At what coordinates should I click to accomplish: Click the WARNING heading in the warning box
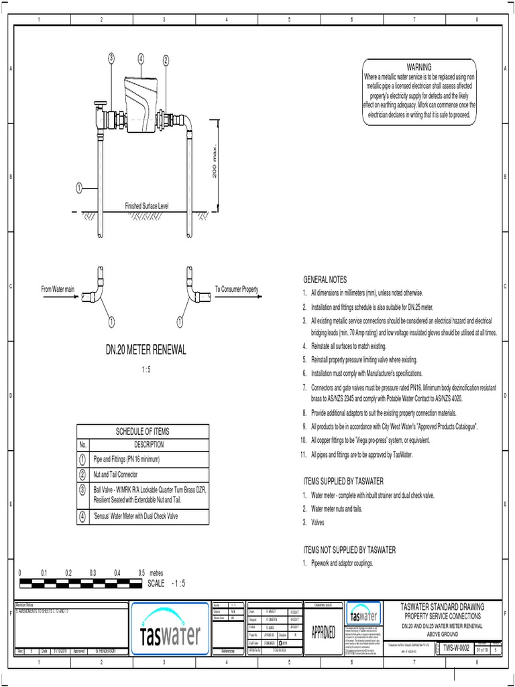[419, 66]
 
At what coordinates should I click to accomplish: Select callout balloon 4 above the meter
[141, 59]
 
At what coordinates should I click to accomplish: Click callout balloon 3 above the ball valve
[111, 59]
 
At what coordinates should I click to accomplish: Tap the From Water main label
[58, 288]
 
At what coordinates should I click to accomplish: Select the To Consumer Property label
[236, 288]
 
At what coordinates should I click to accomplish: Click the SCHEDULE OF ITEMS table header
[144, 431]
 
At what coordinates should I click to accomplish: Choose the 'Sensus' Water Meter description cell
[139, 517]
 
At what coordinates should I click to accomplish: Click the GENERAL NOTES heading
[326, 279]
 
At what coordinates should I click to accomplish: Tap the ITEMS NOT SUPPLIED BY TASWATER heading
[350, 549]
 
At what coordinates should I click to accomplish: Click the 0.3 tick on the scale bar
[93, 573]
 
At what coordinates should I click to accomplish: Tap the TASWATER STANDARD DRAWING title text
[441, 606]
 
